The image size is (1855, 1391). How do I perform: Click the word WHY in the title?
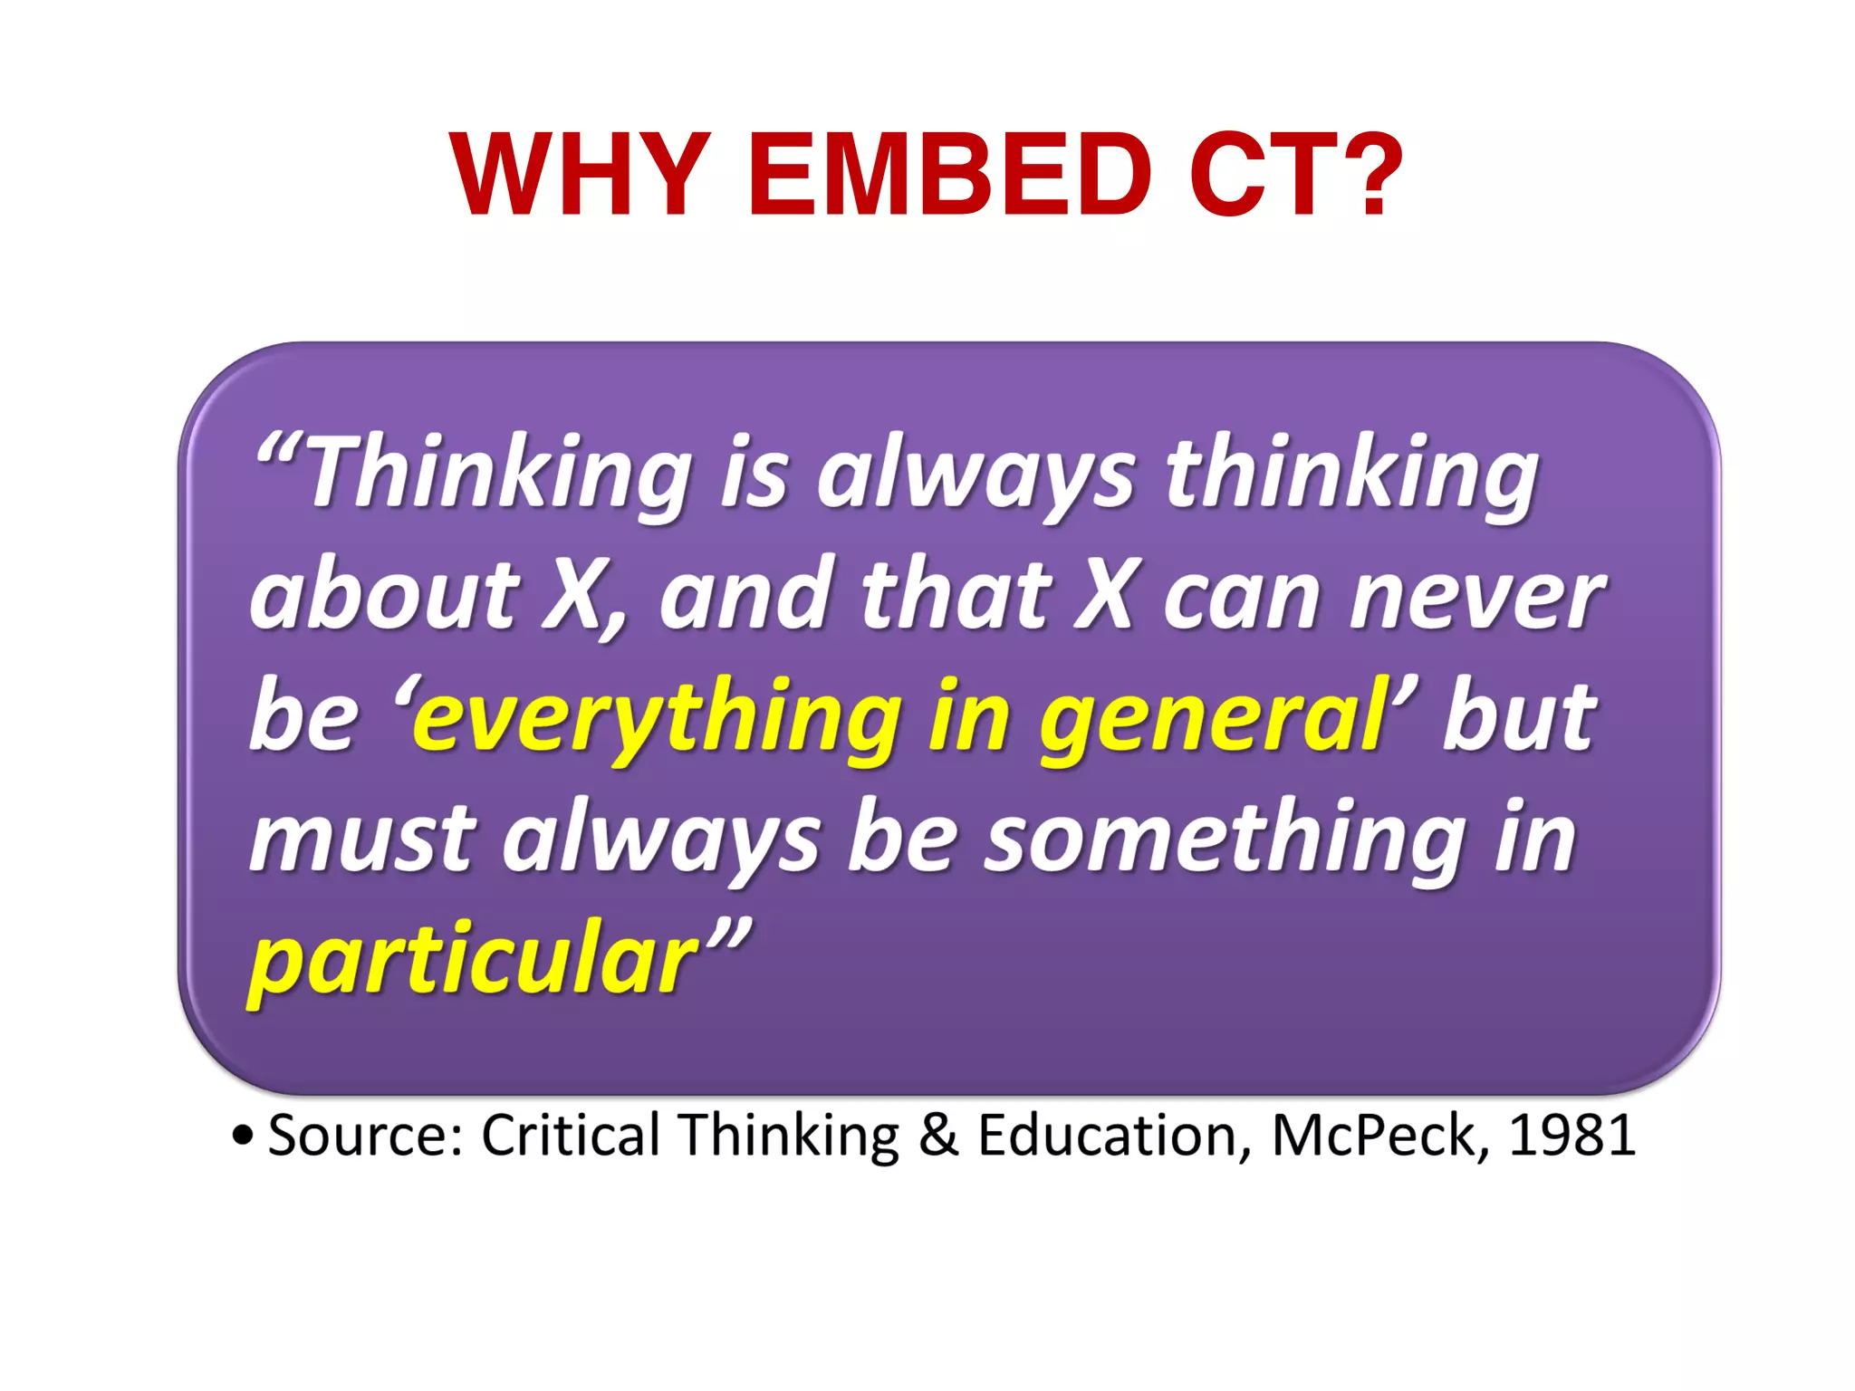(580, 174)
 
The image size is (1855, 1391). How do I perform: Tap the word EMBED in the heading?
(950, 174)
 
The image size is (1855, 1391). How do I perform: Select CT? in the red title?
(1295, 174)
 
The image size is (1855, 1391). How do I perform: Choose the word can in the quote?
(1241, 598)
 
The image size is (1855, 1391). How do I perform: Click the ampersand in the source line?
(938, 1135)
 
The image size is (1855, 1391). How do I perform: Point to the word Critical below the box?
(571, 1135)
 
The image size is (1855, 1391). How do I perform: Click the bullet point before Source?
(242, 1136)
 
